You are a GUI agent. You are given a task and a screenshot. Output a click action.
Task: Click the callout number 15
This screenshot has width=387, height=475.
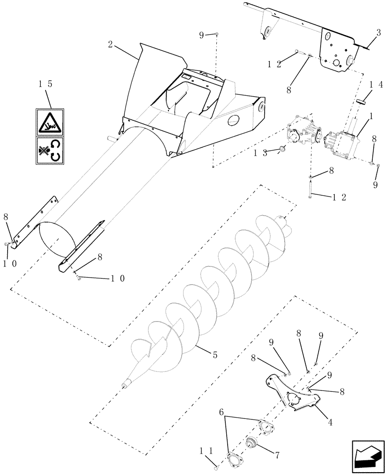click(46, 85)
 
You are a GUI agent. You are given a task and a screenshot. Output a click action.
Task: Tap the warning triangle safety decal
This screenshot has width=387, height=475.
click(50, 122)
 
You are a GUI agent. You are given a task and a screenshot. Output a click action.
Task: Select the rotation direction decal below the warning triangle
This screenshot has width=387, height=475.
click(50, 151)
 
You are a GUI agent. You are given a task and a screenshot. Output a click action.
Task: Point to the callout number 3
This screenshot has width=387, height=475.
click(378, 33)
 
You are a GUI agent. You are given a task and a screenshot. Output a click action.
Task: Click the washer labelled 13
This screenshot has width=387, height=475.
click(283, 148)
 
